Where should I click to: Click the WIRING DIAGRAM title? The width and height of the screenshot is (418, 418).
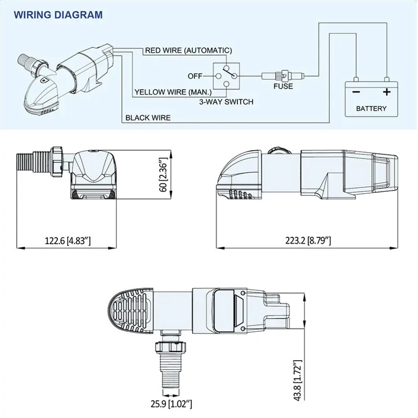coord(58,15)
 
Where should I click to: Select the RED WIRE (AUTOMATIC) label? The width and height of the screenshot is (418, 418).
coord(187,50)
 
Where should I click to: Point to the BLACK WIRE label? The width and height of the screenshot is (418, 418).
coord(148,118)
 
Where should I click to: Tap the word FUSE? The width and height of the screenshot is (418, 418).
coord(283,86)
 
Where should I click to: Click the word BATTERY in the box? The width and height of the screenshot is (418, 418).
coord(371,109)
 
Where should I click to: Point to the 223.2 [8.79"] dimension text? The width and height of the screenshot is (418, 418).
coord(308,241)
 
